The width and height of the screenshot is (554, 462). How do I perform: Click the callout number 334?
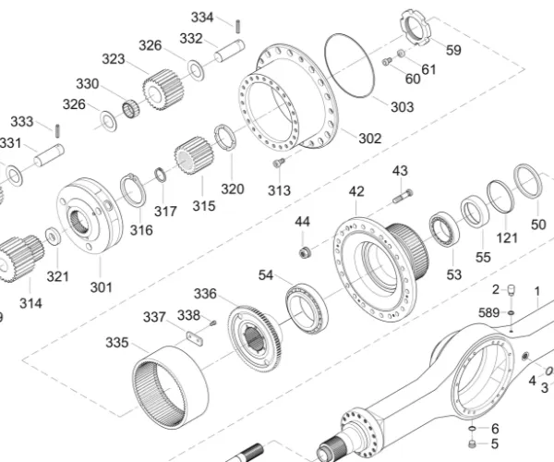[x=202, y=18]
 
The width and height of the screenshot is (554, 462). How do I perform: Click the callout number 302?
[x=368, y=139]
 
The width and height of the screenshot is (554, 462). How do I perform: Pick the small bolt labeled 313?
[x=276, y=164]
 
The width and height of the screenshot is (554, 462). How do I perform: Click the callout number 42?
[x=356, y=191]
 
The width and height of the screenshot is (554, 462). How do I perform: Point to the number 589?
[x=488, y=313]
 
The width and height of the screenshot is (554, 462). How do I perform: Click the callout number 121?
[x=508, y=237]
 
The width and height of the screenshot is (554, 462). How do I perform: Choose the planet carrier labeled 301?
[x=90, y=215]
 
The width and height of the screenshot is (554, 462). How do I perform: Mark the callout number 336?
[x=205, y=294]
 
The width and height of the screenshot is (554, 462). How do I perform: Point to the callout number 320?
[x=233, y=188]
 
